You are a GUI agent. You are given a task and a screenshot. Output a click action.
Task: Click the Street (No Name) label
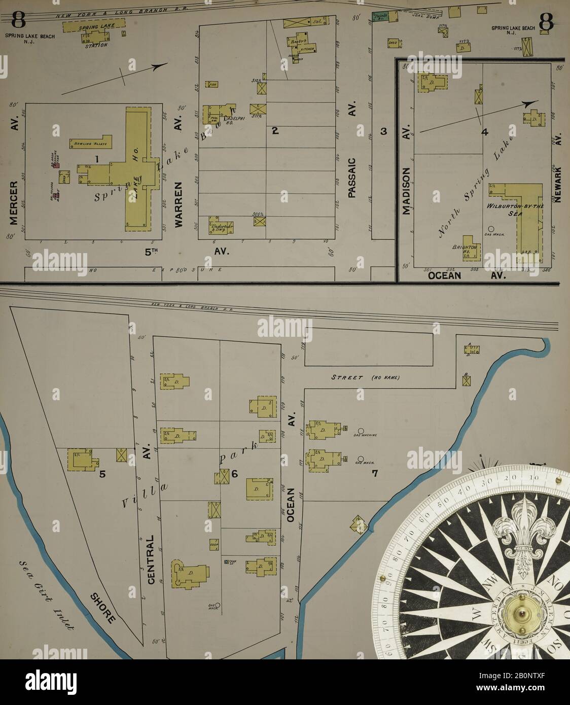point(365,377)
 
